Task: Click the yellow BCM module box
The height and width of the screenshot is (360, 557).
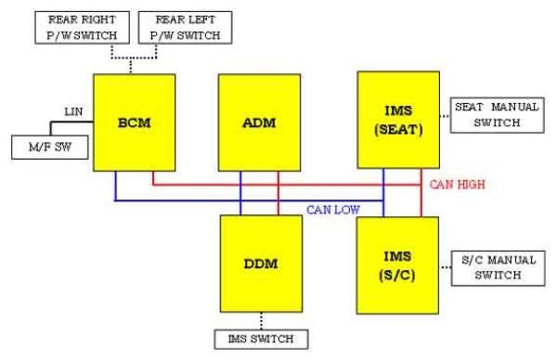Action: [135, 122]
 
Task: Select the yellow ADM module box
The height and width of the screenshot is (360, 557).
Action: [259, 122]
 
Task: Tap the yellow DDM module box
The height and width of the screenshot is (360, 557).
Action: [261, 264]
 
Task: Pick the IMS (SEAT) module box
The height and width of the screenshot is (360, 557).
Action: [398, 120]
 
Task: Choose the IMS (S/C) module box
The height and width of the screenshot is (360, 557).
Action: [397, 265]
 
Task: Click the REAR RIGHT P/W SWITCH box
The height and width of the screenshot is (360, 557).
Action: [82, 27]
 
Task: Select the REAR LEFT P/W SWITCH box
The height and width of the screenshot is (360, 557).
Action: [185, 27]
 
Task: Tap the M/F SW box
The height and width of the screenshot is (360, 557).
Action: [50, 147]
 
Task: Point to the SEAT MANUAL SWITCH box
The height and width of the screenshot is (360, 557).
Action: [497, 115]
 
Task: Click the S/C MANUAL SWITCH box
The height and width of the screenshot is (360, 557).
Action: [498, 268]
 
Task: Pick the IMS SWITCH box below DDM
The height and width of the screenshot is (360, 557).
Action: [261, 340]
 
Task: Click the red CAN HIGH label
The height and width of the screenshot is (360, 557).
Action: [457, 185]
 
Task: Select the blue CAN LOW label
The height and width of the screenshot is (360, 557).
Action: [333, 210]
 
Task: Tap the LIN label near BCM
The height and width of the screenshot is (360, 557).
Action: [73, 112]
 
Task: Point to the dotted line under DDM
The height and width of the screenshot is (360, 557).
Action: [261, 321]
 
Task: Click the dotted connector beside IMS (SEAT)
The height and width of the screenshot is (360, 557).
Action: [445, 116]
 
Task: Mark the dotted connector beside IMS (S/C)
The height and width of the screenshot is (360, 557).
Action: [445, 267]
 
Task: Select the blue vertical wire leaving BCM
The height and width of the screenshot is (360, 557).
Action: [115, 186]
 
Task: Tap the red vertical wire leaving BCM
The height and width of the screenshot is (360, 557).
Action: [153, 178]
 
